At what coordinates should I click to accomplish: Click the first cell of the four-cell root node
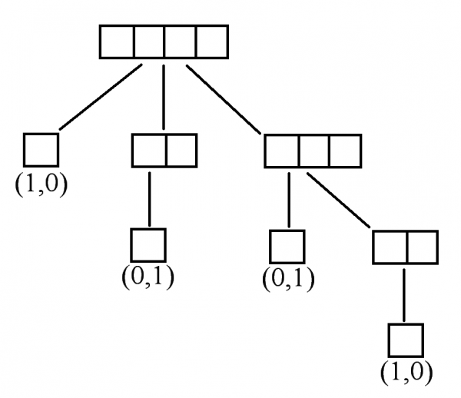(x=117, y=42)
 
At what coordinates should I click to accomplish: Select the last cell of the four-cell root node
(x=212, y=42)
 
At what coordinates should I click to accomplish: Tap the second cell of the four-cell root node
(x=148, y=42)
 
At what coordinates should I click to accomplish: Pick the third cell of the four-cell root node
(x=180, y=42)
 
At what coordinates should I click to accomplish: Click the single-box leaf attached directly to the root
(x=41, y=150)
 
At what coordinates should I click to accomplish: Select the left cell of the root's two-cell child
(x=148, y=150)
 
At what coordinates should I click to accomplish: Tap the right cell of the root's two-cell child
(x=181, y=150)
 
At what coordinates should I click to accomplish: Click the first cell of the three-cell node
(x=281, y=151)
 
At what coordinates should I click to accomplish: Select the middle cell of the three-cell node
(x=313, y=151)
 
